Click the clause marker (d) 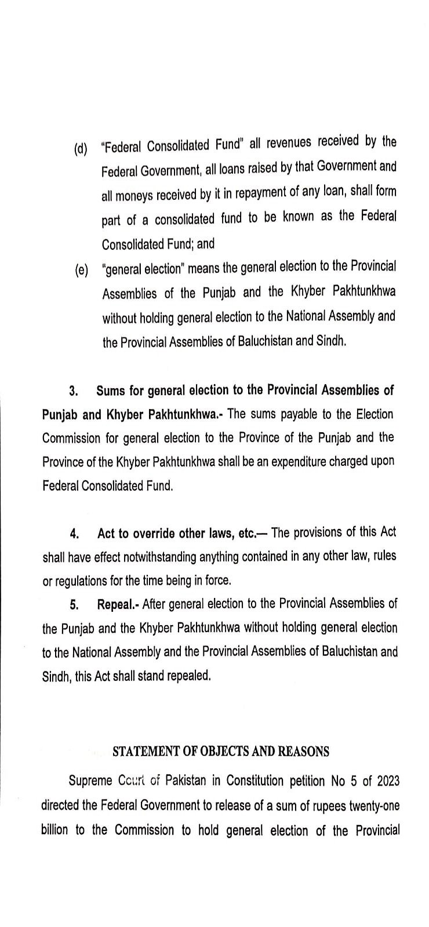coord(81,149)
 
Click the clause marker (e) coord(81,271)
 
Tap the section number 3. coord(74,391)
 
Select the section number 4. coord(74,534)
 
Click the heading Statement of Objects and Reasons coord(220,751)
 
